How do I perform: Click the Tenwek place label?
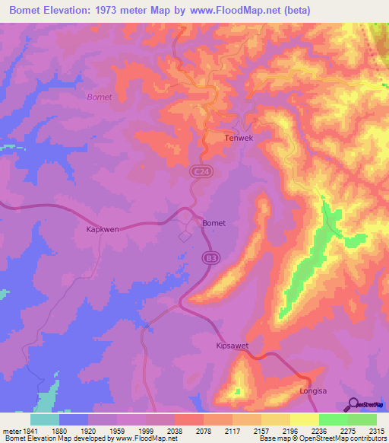point(238,139)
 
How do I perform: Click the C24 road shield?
point(196,174)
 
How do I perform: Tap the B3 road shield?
point(210,260)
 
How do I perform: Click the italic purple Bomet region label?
point(100,97)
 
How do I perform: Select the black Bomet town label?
point(215,223)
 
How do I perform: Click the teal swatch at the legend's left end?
point(45,419)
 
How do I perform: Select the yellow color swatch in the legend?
point(305,419)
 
